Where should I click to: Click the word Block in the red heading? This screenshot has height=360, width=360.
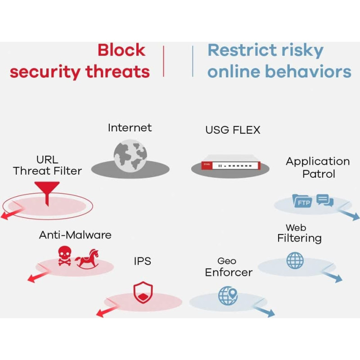click(121, 50)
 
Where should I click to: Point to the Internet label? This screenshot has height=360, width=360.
click(130, 128)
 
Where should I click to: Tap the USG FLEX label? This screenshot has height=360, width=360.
click(233, 130)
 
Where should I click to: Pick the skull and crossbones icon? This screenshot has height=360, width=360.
click(65, 256)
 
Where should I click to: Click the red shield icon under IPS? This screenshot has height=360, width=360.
click(143, 292)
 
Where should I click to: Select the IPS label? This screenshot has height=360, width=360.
click(142, 261)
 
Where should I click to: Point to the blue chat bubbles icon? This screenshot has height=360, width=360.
click(324, 200)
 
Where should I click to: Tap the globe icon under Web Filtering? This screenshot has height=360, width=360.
click(295, 261)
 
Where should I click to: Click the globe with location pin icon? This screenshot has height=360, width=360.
click(227, 296)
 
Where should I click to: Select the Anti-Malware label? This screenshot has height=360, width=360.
click(75, 235)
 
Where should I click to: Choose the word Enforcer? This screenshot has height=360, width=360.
click(229, 272)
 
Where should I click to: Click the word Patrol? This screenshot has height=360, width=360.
click(318, 174)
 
